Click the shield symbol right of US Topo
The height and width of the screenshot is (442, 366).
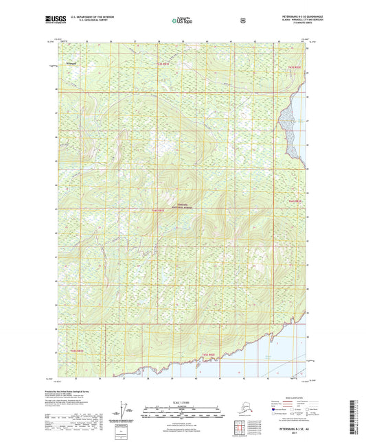242,21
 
